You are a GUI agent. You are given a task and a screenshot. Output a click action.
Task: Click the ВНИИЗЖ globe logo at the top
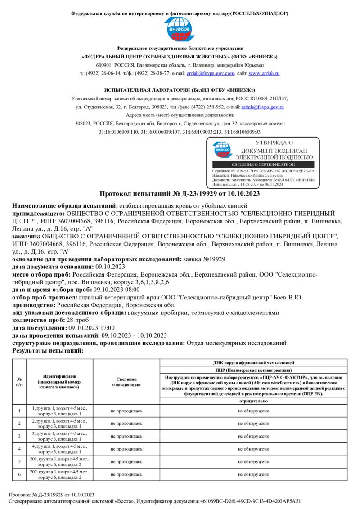[x=180, y=30]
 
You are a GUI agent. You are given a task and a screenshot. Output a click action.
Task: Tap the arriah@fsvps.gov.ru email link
[x=262, y=107]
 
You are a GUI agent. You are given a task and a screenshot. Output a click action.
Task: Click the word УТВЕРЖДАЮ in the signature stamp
[x=274, y=143]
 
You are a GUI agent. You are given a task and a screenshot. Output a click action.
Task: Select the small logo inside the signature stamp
[x=221, y=149]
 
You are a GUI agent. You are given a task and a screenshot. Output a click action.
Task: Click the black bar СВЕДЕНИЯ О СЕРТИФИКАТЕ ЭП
[x=263, y=165]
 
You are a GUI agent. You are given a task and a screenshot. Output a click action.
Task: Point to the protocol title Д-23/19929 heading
[x=180, y=194]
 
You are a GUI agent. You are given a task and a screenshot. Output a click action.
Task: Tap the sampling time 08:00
[x=130, y=290]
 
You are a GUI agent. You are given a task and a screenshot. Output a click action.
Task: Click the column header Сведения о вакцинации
[x=126, y=382]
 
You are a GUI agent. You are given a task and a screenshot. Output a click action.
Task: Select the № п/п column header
[x=19, y=382]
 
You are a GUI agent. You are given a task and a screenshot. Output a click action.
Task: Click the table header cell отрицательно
[x=254, y=401]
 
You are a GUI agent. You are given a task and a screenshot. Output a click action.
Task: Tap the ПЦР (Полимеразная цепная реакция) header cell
[x=254, y=370]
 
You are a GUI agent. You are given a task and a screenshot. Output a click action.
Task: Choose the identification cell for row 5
[x=60, y=461]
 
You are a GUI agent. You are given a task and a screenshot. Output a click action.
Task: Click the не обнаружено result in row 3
[x=254, y=436]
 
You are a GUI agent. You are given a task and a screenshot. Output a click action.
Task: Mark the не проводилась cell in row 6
[x=126, y=474]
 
